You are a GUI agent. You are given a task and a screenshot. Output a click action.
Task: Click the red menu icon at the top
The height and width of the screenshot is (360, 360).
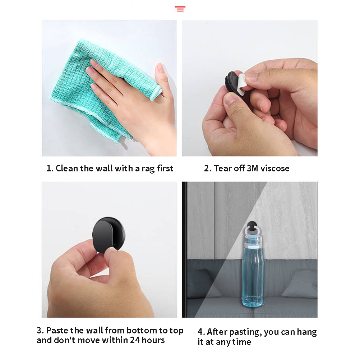pos(180,9)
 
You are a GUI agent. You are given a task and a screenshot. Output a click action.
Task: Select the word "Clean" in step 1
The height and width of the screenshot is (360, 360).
pos(66,168)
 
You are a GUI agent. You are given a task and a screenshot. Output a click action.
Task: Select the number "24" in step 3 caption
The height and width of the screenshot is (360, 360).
pos(135,340)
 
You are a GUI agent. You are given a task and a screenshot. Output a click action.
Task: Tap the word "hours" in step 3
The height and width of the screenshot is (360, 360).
pos(153,340)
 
